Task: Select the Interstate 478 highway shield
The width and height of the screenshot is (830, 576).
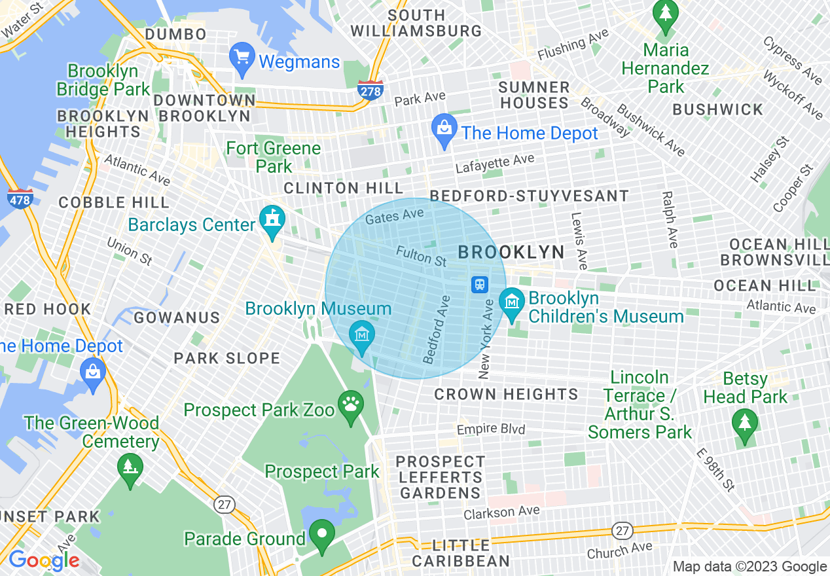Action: (20, 198)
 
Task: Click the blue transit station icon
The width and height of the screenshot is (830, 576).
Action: (480, 285)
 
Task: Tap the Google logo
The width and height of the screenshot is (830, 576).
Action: (43, 560)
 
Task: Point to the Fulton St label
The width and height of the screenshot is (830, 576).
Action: (421, 255)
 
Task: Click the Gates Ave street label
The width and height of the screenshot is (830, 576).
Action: (395, 217)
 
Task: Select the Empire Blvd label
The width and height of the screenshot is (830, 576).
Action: (491, 429)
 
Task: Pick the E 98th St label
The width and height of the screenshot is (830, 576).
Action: (715, 470)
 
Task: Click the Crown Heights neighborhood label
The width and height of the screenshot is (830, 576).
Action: (506, 394)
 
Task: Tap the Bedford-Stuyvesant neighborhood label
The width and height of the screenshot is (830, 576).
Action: (529, 196)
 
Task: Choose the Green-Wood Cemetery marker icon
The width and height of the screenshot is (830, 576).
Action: (130, 469)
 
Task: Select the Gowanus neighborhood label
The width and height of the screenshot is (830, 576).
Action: (177, 317)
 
